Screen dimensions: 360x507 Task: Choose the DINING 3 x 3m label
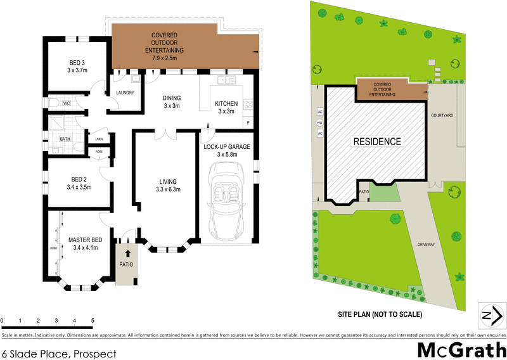(x=172, y=102)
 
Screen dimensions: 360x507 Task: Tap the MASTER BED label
(x=85, y=243)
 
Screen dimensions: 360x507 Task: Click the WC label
(x=66, y=103)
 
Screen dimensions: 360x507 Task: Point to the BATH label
(x=65, y=139)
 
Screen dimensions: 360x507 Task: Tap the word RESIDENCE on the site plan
(x=377, y=141)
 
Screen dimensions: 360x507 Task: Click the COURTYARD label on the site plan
(x=441, y=115)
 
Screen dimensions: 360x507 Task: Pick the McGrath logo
(x=461, y=349)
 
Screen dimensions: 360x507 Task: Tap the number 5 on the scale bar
(x=93, y=321)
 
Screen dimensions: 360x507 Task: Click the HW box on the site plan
(x=320, y=123)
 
